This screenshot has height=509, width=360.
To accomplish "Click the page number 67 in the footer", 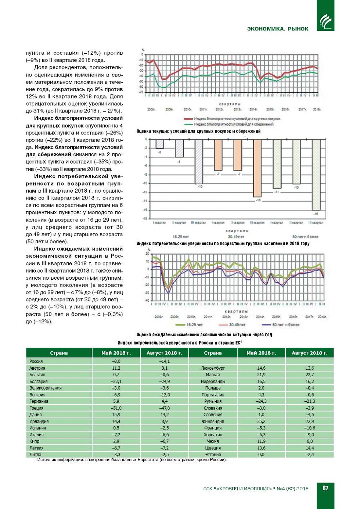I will pos(325,488).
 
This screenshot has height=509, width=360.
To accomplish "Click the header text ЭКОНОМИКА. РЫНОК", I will pos(278,29).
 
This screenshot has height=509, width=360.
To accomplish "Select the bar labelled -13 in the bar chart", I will pos(257,168).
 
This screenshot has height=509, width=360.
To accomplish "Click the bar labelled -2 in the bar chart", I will pos(159,144).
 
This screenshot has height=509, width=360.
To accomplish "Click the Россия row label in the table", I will pos(36,361).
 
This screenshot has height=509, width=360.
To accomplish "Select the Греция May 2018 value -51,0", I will pos(116,408).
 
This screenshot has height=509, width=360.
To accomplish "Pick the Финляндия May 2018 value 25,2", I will pos(261,422).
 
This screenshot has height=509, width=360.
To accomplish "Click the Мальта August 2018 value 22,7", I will pos(310,374).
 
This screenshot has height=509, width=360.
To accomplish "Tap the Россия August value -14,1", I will pos(164,361).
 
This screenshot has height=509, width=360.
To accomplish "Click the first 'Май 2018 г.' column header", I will pos(116,353).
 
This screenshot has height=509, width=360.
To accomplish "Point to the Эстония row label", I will pos(213,455).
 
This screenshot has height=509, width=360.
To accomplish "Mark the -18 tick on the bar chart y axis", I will pos(145,219).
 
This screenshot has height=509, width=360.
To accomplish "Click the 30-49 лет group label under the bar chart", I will pos(236,237).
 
